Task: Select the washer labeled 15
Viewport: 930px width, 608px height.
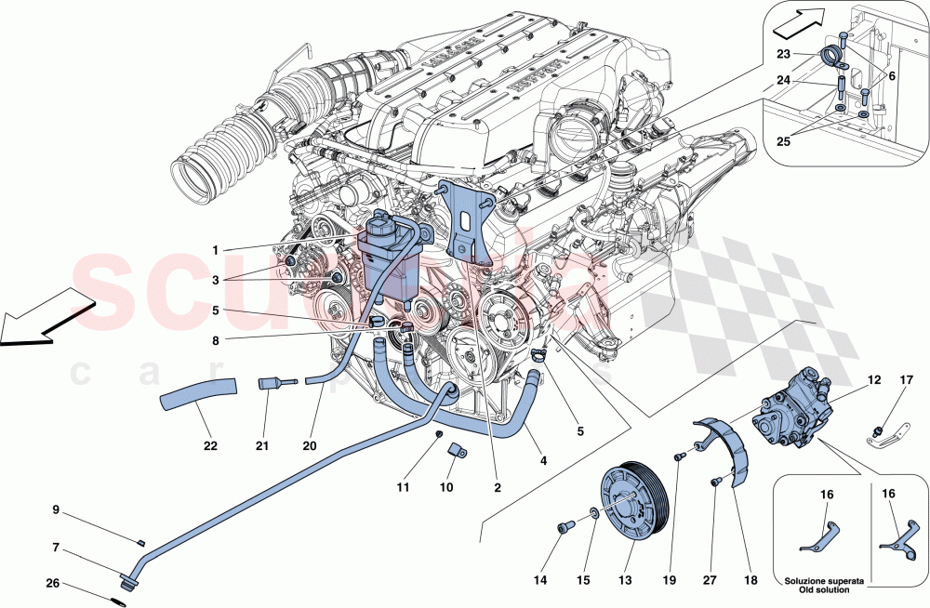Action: click(593, 512)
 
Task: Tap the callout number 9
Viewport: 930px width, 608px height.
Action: click(55, 509)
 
